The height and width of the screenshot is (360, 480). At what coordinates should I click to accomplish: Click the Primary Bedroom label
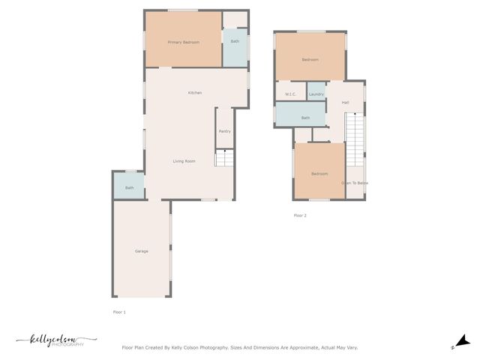[x=183, y=42]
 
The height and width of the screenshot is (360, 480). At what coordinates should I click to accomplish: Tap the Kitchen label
[x=195, y=93]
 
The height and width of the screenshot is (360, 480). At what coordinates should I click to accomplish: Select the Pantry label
[x=224, y=131]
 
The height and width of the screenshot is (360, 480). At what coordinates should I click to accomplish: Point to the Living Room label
[x=184, y=161]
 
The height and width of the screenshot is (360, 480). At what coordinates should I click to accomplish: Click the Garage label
[x=141, y=251]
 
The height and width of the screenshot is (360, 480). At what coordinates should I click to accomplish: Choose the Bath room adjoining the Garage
[x=129, y=187]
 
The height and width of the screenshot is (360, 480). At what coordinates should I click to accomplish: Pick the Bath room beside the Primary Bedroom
[x=235, y=41]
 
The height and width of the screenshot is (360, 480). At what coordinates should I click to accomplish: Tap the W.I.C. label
[x=290, y=94]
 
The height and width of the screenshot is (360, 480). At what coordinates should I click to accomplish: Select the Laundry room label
[x=316, y=94]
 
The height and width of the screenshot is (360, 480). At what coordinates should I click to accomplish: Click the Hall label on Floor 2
[x=345, y=103]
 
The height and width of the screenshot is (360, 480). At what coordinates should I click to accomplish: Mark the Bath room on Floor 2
[x=305, y=118]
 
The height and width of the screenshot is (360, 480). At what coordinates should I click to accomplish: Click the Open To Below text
[x=355, y=183]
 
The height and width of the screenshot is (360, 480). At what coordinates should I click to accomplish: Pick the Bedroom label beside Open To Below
[x=319, y=174]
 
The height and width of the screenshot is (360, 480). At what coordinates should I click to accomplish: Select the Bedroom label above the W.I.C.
[x=310, y=59]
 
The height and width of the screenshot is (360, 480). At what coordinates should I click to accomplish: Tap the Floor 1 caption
[x=119, y=311]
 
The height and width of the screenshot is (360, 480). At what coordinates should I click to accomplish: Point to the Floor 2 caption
[x=300, y=215]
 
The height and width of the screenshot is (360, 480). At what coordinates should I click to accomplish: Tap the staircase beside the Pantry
[x=225, y=158]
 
